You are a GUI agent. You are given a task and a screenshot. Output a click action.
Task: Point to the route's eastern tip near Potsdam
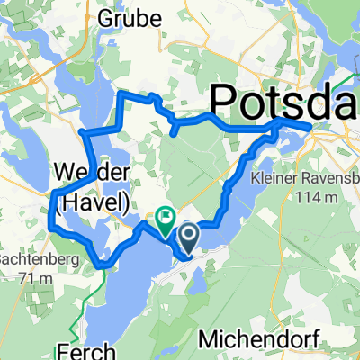311,127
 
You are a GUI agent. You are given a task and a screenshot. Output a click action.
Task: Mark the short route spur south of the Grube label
172,131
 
